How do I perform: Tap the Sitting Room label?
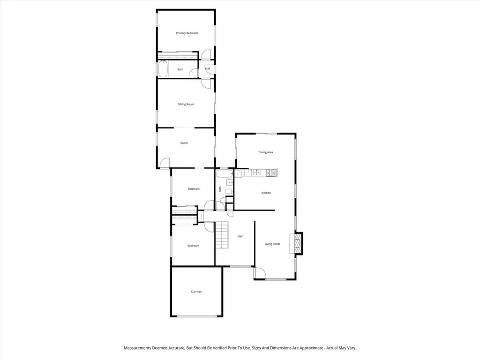(186, 104)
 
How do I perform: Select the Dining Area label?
(266, 152)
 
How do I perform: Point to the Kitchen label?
(266, 193)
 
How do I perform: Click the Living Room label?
(272, 244)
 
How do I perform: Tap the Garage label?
(196, 292)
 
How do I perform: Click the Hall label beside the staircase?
(240, 236)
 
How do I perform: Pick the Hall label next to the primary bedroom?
(208, 69)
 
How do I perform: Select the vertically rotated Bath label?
(220, 189)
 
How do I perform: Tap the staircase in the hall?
(221, 235)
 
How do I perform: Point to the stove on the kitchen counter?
(270, 173)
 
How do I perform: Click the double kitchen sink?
(256, 173)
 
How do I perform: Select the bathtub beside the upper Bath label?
(162, 69)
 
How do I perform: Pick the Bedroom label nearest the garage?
(193, 246)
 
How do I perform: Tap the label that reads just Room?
(184, 143)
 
